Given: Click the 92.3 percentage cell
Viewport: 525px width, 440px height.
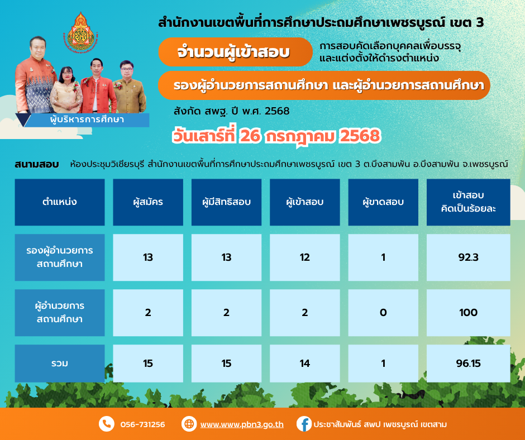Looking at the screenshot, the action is coord(468,257).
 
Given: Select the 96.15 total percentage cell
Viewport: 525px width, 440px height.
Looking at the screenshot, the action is coord(468,364).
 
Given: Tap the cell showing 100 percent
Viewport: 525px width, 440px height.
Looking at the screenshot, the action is coord(468,313).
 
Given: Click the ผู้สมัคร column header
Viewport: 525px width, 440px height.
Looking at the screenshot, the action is coord(148,202).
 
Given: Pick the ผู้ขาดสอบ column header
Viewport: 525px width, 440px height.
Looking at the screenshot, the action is coord(383,202).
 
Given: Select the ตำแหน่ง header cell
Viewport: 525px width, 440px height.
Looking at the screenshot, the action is coord(60,202).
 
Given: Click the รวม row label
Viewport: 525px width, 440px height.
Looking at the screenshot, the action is coord(60,364).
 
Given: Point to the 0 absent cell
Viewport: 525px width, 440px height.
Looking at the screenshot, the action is coord(383,313).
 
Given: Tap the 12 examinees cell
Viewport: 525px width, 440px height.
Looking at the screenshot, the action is coord(305,257).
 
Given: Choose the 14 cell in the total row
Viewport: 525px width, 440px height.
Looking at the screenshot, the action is coord(305,364).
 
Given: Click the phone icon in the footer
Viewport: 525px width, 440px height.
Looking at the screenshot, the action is coord(107,424).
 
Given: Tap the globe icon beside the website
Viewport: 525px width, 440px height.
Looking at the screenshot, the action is coord(189,424).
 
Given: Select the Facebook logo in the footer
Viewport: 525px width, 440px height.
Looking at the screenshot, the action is coord(304,424).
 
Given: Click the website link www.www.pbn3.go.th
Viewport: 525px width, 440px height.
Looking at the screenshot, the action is coord(242,424).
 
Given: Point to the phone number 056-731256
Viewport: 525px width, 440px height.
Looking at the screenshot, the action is coord(142,424).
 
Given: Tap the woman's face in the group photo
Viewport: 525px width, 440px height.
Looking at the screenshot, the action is coord(66,74).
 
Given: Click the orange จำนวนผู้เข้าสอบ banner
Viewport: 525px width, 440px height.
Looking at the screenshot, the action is coord(235,52).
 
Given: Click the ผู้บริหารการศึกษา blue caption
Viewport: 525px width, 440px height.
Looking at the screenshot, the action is coord(87,119).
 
